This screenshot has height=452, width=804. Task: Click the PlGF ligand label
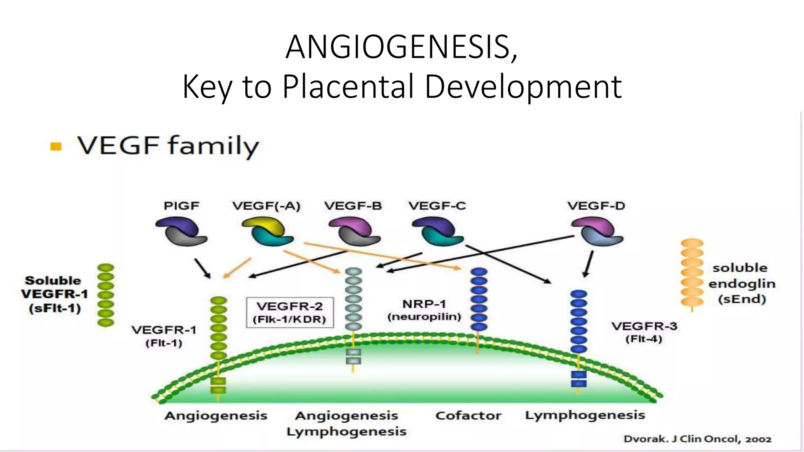pos(181,206)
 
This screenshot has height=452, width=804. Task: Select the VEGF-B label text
pos(353,206)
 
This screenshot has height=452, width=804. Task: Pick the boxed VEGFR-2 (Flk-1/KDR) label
pos(290,312)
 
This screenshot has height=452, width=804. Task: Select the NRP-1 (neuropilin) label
pos(424,310)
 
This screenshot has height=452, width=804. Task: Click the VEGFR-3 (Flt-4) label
pos(644,332)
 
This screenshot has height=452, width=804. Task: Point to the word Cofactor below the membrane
pos(468,416)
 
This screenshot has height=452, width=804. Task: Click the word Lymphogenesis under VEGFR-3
pos(585,415)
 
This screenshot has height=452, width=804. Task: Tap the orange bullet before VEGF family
pos(56,147)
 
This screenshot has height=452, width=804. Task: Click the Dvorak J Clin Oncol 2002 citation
pos(697,439)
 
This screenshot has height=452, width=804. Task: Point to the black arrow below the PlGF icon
pos(202,268)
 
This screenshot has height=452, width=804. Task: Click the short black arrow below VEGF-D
pos(588,264)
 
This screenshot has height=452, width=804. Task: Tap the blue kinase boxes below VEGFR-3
pos(578,379)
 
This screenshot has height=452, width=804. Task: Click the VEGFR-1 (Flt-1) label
pos(164,336)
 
